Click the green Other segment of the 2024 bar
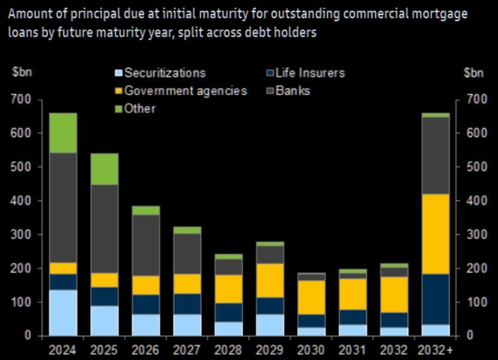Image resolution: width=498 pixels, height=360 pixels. pos(63,132)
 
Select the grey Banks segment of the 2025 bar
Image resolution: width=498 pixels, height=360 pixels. pos(104,229)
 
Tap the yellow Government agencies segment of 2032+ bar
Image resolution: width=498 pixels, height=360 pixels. pos(435,234)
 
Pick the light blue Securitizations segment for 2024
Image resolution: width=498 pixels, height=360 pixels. pos(63,312)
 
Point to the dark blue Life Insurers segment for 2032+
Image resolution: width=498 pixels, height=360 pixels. pos(435,299)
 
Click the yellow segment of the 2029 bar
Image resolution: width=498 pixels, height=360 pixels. pos(270,280)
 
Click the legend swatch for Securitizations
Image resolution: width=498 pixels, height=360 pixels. pos(118,73)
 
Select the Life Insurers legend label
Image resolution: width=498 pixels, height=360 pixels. pos(310,73)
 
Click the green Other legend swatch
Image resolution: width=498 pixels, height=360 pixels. pos(118,109)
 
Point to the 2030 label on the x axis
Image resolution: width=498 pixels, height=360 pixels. pos(312,349)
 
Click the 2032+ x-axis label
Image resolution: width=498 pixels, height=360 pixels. pos(435,349)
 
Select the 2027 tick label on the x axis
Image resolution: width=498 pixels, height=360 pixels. pos(187,349)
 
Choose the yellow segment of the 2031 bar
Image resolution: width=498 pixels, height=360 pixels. pos(353,294)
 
